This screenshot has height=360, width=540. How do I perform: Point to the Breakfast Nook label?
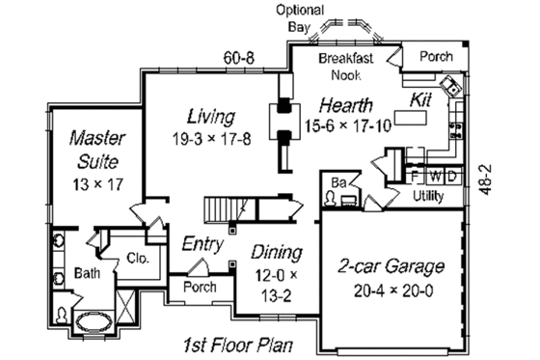(x=353, y=67)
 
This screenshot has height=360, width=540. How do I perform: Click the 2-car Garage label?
(x=391, y=265)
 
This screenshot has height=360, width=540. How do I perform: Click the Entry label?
(x=203, y=245)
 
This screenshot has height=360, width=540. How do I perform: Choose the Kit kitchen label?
(x=421, y=99)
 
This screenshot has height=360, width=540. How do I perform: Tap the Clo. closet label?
(x=136, y=258)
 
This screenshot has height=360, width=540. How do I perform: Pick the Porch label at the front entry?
(x=201, y=288)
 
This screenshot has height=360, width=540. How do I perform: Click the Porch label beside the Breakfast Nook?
(x=436, y=56)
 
